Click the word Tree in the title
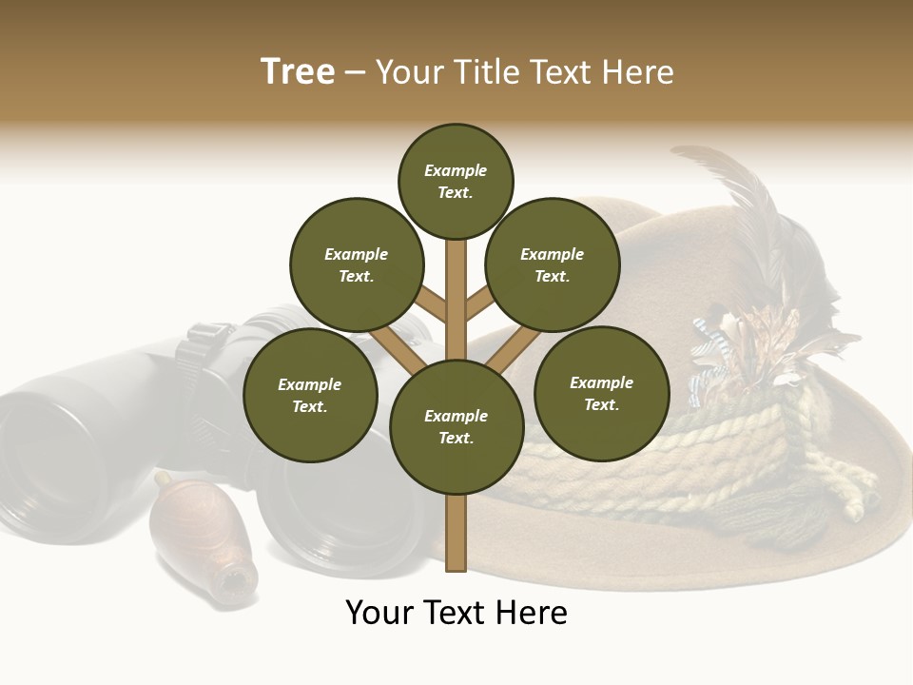(x=298, y=72)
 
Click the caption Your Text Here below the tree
(x=456, y=613)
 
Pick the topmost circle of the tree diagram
(x=456, y=181)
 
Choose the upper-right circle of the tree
(x=553, y=264)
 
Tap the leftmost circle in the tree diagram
(x=310, y=395)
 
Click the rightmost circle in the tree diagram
(x=602, y=393)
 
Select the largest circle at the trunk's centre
(x=456, y=426)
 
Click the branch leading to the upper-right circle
(x=481, y=303)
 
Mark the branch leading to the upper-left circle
(x=430, y=303)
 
